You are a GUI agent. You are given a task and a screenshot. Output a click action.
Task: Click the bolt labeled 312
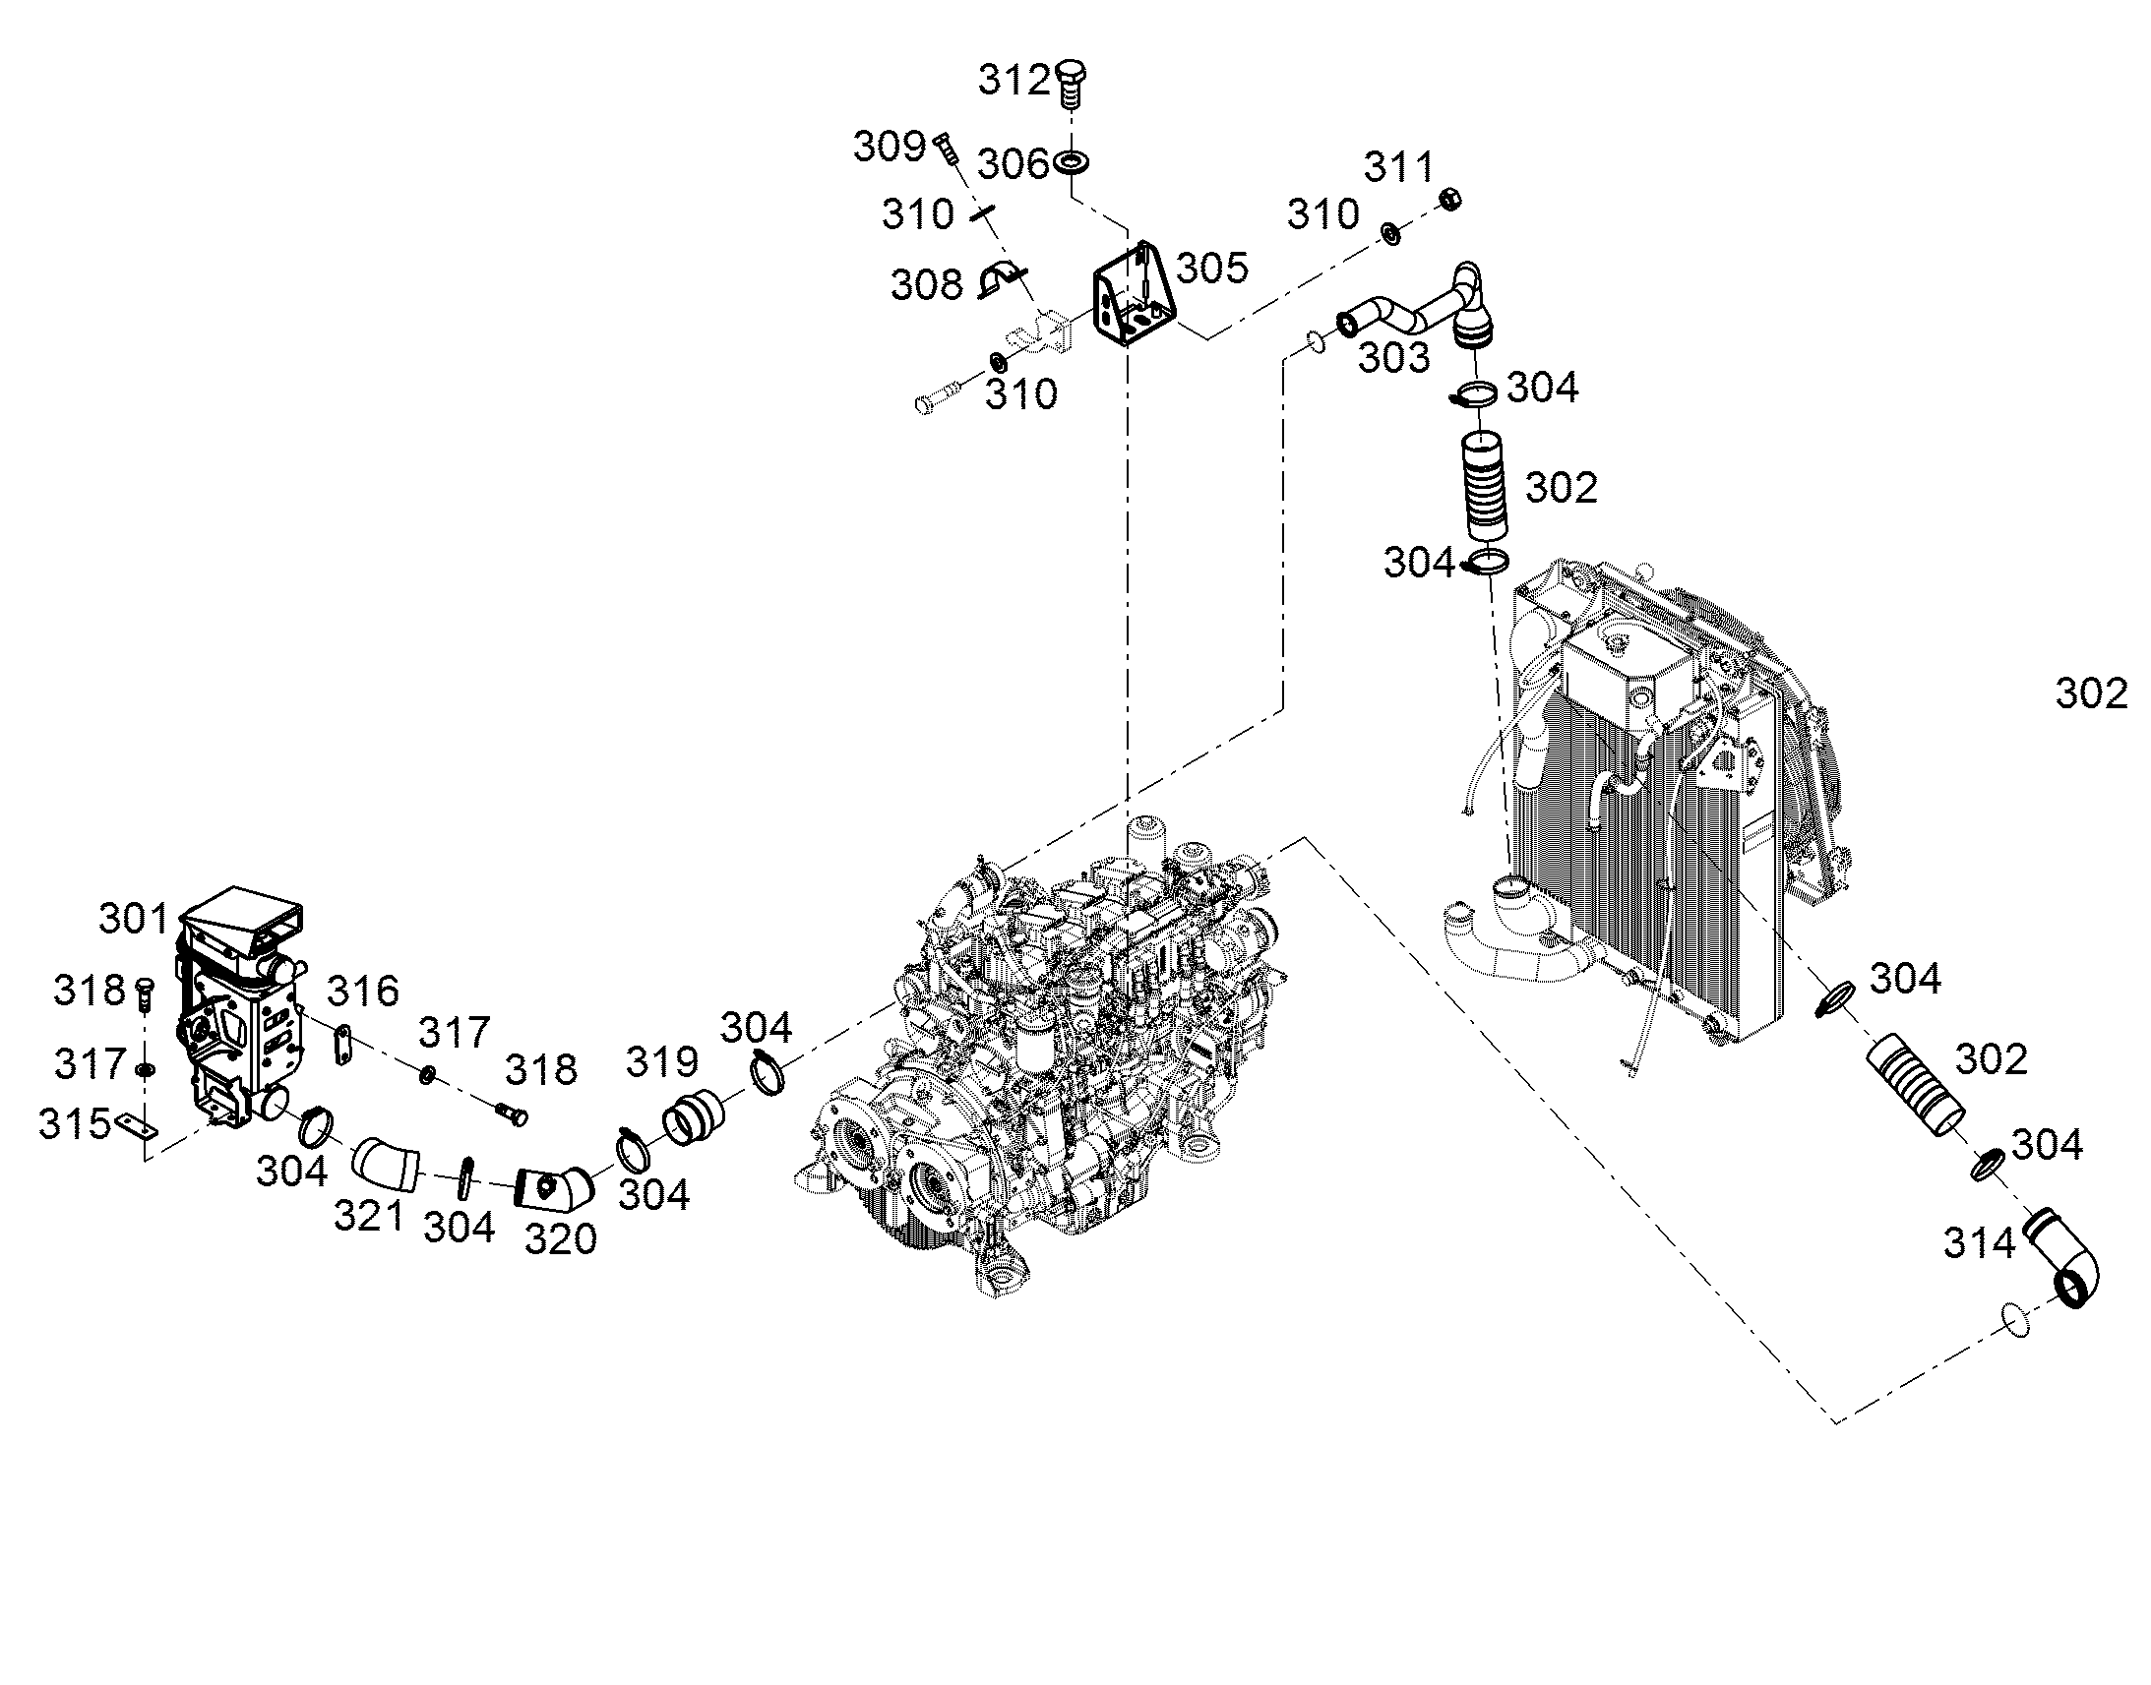tap(1070, 83)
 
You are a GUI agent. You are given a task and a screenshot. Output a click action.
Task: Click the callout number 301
tap(134, 919)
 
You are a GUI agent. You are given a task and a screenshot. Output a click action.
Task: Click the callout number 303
tap(1394, 358)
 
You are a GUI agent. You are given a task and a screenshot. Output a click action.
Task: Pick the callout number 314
tap(1980, 1244)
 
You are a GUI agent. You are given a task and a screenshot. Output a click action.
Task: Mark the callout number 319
tap(663, 1061)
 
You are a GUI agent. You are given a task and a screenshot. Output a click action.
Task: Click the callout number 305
tap(1213, 268)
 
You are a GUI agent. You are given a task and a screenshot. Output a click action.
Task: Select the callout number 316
tap(363, 991)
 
